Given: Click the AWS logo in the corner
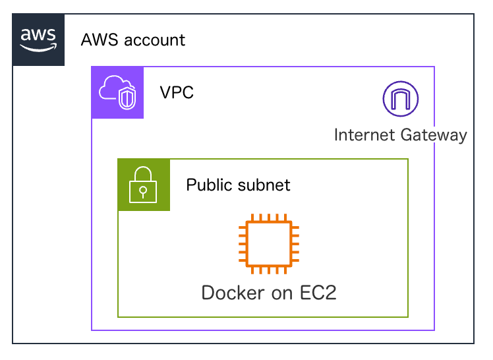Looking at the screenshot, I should click(38, 40).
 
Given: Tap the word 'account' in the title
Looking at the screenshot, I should click(156, 40).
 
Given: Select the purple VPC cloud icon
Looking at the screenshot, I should click(117, 92).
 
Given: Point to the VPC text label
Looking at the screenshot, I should click(177, 92).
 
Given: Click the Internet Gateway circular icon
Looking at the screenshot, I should click(401, 99).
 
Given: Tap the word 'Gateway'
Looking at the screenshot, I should click(434, 135).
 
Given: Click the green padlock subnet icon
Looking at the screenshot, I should click(144, 185).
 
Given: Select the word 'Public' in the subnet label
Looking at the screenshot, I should click(208, 185).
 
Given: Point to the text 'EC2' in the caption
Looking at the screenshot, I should click(319, 293).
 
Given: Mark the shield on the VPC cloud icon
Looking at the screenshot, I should click(128, 99).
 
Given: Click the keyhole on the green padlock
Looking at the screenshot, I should click(144, 190).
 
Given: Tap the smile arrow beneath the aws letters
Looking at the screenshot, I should click(38, 47).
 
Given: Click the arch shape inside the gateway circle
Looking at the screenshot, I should click(401, 100).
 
